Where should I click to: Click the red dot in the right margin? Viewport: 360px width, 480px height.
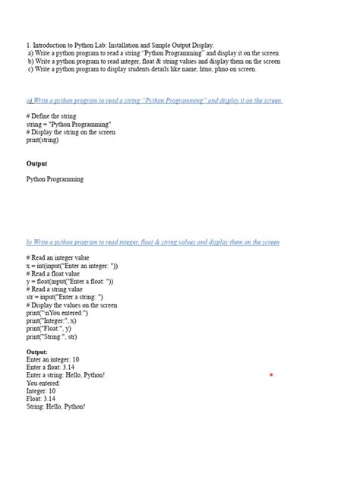[271, 375]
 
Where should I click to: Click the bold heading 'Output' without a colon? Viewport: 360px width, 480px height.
[36, 164]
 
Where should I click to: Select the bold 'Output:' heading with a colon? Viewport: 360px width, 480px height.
[37, 352]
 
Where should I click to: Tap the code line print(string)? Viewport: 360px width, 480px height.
[43, 141]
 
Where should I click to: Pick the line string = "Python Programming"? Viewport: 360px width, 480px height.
[69, 124]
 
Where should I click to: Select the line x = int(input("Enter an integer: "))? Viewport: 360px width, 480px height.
[72, 267]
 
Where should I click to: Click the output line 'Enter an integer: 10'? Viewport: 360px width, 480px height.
[52, 360]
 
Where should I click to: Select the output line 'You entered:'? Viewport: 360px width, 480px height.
[43, 384]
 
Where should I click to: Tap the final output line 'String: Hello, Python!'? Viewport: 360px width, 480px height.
[55, 407]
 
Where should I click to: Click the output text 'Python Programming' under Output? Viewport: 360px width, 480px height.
[55, 180]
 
